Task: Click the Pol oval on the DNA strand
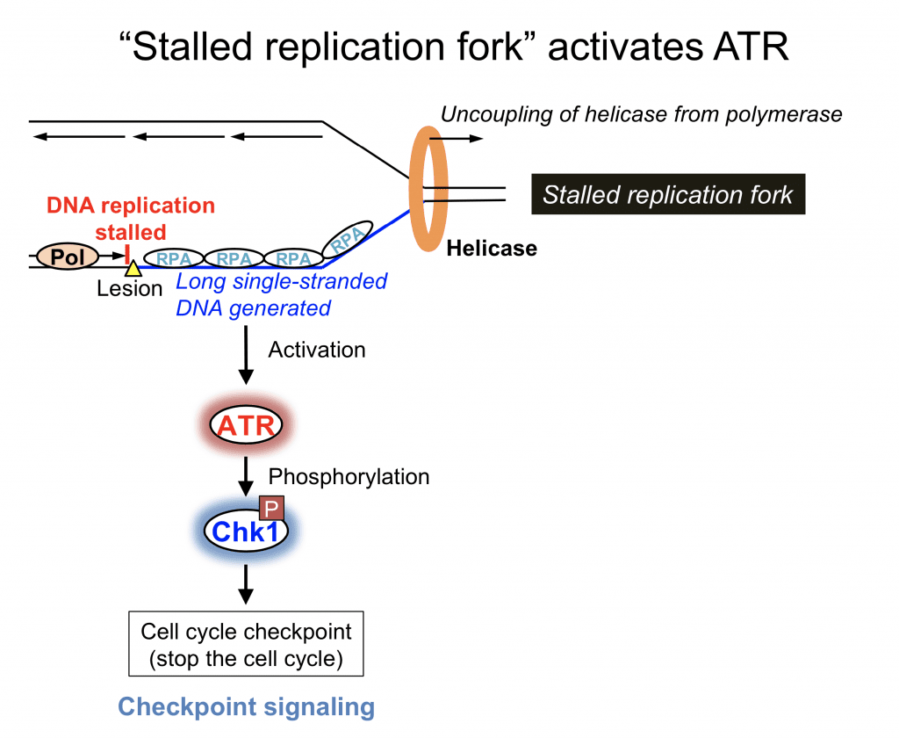point(68,257)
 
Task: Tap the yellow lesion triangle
point(133,269)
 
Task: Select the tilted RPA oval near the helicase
point(347,239)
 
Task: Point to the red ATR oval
point(246,425)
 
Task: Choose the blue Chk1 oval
point(246,531)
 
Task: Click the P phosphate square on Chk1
point(272,509)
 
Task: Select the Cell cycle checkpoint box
point(246,644)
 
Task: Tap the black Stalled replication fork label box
point(668,194)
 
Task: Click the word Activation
point(316,350)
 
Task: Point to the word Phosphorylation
point(349,477)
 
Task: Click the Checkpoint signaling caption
point(246,706)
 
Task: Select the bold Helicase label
point(492,249)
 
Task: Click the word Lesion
point(130,289)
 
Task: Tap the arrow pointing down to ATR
point(246,355)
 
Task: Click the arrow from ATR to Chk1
point(246,476)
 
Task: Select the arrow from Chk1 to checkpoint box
point(246,584)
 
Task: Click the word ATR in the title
point(752,47)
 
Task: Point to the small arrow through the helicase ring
point(457,138)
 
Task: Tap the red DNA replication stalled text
point(131,219)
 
